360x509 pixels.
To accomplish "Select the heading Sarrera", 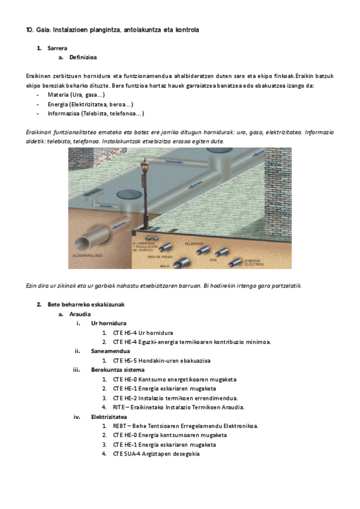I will [58, 48].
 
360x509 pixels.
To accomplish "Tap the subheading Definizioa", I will [83, 58].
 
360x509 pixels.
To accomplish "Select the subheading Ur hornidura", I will [108, 323].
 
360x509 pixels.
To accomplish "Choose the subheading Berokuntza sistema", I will [118, 370].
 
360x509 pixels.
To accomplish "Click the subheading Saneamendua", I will [110, 351].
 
